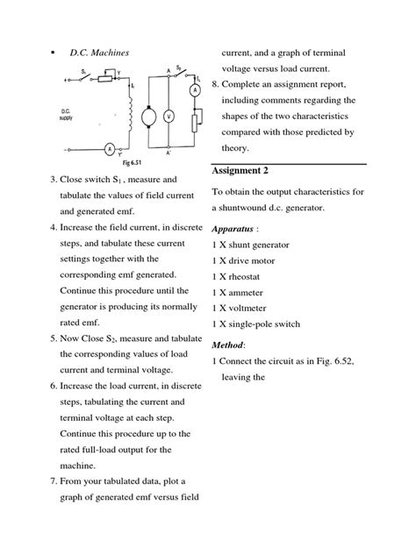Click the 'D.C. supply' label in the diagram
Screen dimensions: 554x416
pyautogui.click(x=73, y=115)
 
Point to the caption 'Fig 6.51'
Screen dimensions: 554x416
pyautogui.click(x=118, y=164)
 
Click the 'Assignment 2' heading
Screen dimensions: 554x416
pyautogui.click(x=247, y=169)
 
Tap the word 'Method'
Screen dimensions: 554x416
pyautogui.click(x=228, y=344)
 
